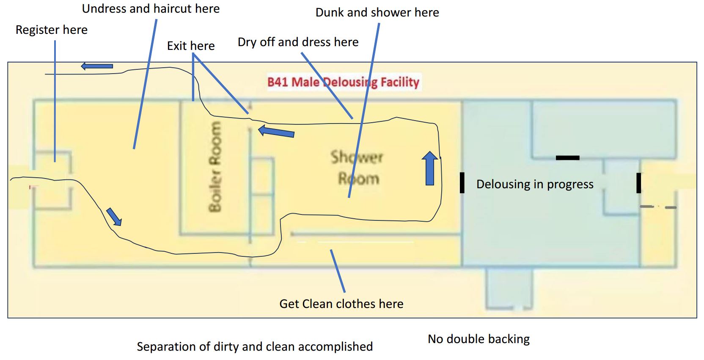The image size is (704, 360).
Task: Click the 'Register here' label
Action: (x=51, y=30)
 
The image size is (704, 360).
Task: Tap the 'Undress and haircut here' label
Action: (x=151, y=9)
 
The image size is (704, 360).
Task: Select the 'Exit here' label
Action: (x=191, y=46)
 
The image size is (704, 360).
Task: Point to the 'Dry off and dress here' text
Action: (x=298, y=42)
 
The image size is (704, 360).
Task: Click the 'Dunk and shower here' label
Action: (x=377, y=13)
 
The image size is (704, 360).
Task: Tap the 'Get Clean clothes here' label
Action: (x=341, y=304)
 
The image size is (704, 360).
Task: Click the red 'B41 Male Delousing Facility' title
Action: (x=343, y=82)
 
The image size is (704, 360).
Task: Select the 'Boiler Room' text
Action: (x=215, y=166)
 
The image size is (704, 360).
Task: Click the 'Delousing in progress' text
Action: (x=535, y=184)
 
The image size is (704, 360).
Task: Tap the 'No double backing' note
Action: (x=478, y=339)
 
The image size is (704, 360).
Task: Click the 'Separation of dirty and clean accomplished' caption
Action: (x=255, y=346)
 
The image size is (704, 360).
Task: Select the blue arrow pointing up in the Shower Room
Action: (x=430, y=168)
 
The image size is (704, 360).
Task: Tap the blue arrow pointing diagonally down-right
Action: (x=114, y=217)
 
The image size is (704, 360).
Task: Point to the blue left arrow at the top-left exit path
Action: (x=97, y=66)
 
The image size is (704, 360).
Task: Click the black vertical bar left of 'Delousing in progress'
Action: (x=462, y=182)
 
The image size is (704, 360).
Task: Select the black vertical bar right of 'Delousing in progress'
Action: (x=638, y=183)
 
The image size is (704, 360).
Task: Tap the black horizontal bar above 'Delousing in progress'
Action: (x=567, y=158)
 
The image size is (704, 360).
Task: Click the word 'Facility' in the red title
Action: (x=400, y=82)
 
